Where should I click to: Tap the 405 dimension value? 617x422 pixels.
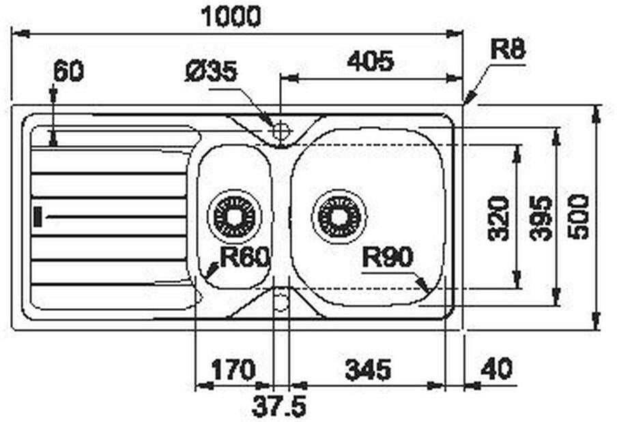[370, 62]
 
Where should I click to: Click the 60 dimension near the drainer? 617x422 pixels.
[68, 71]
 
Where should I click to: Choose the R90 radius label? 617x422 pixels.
[388, 258]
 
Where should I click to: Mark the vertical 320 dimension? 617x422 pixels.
[500, 218]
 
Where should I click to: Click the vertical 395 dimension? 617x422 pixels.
[542, 218]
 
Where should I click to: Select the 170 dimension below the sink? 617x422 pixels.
[232, 370]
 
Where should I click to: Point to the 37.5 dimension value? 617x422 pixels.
[279, 408]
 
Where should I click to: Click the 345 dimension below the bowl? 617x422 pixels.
[368, 370]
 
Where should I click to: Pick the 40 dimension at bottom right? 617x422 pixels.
[496, 370]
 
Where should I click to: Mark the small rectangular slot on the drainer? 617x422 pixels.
[38, 217]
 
